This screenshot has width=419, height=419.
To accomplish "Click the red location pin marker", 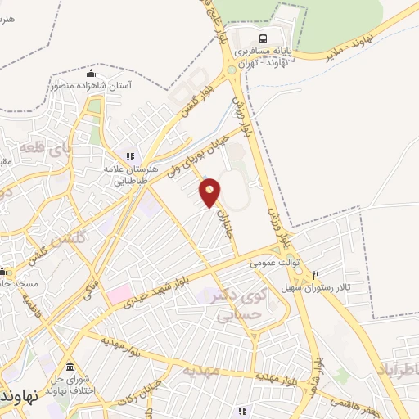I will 210,191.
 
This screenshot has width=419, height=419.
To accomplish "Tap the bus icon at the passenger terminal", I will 263,38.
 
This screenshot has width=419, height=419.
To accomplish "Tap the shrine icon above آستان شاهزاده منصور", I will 91,74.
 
